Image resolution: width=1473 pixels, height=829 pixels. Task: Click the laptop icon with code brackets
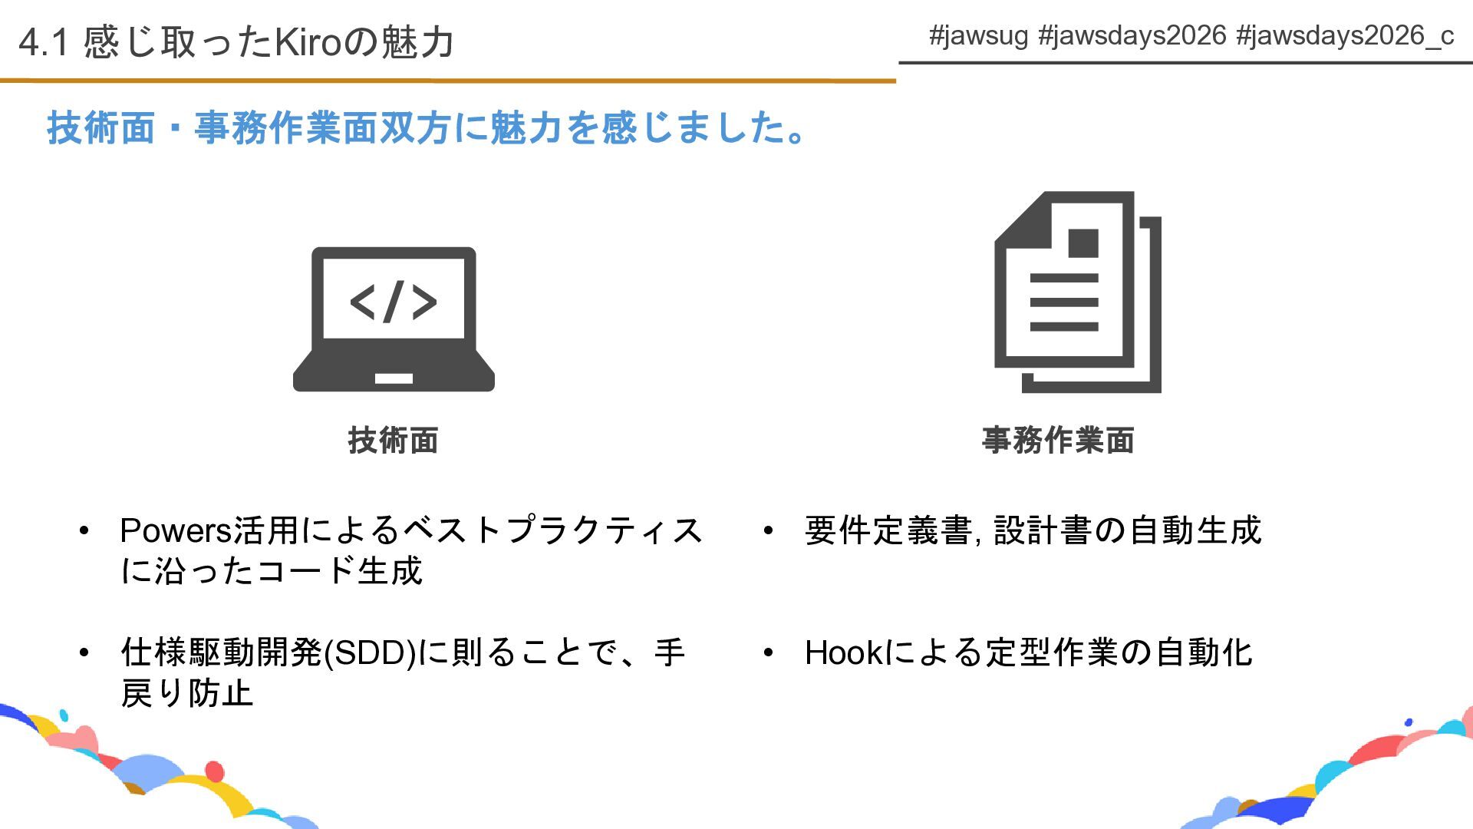click(x=394, y=319)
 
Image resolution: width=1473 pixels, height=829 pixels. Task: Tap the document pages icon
click(x=1077, y=292)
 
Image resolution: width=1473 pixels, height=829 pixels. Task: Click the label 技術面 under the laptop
click(x=393, y=441)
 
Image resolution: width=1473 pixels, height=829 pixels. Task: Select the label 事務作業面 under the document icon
click(x=1058, y=441)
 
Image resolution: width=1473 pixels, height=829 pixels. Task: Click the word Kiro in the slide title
click(x=307, y=42)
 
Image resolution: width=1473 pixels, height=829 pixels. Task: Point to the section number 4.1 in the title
click(x=44, y=42)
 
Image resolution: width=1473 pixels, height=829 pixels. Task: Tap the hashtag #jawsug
click(x=978, y=35)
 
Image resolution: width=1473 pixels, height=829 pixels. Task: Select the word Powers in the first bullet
click(x=176, y=530)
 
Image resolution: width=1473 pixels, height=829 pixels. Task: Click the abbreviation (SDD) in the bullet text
click(x=370, y=653)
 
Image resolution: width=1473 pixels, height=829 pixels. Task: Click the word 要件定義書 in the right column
click(x=888, y=530)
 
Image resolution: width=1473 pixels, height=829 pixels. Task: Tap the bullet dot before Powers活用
click(x=84, y=530)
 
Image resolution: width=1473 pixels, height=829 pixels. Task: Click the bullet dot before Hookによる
click(x=768, y=653)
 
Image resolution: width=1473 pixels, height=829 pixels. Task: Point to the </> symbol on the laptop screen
click(x=394, y=301)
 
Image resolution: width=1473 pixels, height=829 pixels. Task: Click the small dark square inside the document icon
click(x=1083, y=243)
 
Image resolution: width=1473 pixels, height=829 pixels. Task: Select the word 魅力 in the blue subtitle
click(x=526, y=127)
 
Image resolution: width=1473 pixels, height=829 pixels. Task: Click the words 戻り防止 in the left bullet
click(x=186, y=693)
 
